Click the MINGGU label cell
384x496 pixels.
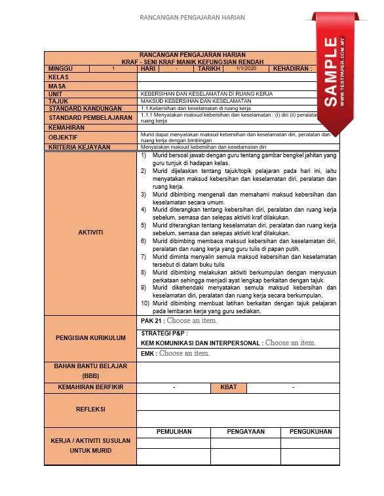[x=61, y=68]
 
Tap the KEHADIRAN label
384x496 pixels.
[x=292, y=68]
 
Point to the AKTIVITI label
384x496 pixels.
[x=90, y=232]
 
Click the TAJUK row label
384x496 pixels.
[x=59, y=101]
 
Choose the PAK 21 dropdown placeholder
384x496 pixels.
[x=192, y=321]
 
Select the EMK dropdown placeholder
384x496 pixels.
[x=185, y=353]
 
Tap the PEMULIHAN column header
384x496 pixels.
[x=174, y=432]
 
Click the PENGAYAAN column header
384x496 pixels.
[x=246, y=432]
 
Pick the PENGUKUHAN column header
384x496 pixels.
[x=310, y=432]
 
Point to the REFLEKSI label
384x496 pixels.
[x=90, y=410]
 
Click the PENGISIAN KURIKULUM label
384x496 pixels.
[x=90, y=338]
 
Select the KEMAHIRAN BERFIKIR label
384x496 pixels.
[x=90, y=387]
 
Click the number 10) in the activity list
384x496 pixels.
[x=145, y=303]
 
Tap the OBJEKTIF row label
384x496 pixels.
[x=63, y=138]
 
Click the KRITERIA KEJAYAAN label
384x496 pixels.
[x=79, y=147]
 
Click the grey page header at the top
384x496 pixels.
[x=192, y=18]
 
